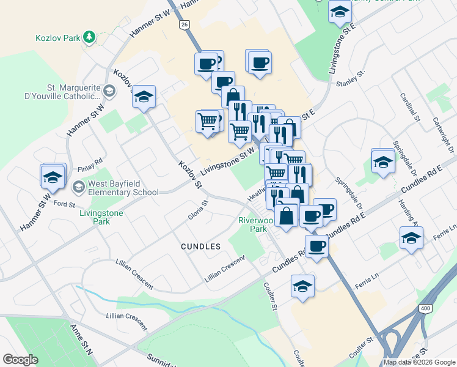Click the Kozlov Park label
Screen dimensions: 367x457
[58, 38]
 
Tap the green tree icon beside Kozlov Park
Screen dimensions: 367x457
[90, 37]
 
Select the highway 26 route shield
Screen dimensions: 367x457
[184, 24]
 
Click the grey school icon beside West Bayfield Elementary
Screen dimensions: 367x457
[79, 186]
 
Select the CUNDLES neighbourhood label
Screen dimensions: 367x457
[200, 246]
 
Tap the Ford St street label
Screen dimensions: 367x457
[64, 203]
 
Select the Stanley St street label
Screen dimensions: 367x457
[352, 78]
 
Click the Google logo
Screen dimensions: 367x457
[20, 360]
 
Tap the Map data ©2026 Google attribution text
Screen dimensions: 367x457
[419, 362]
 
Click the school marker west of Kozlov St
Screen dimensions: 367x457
[144, 97]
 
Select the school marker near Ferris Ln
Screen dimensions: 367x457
[412, 238]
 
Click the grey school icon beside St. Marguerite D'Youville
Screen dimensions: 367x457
[109, 91]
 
